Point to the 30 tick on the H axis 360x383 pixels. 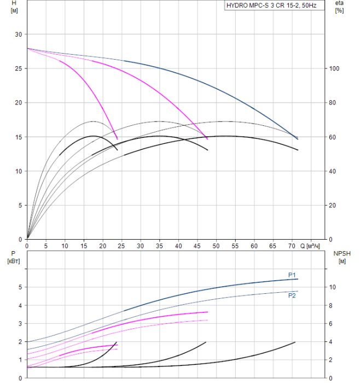18,34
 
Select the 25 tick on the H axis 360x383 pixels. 18,68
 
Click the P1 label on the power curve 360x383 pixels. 292,275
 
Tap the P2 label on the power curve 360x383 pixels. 292,295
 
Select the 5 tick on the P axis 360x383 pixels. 20,287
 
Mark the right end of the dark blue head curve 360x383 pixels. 298,138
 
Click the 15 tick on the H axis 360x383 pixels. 18,137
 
